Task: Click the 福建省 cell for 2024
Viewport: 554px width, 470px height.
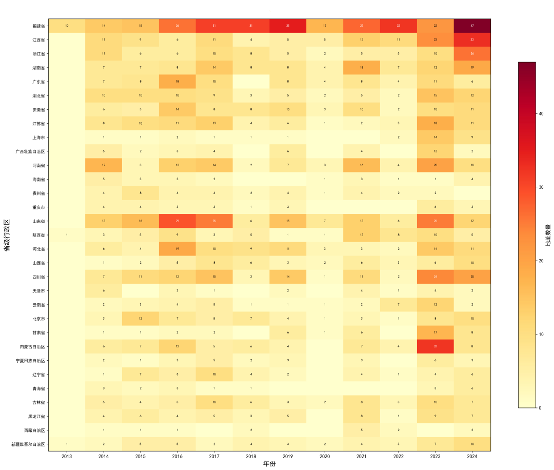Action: [472, 26]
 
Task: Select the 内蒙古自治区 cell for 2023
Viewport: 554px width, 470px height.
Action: [435, 346]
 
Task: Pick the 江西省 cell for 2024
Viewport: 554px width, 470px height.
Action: [472, 40]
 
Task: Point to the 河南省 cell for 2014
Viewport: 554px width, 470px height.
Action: [103, 165]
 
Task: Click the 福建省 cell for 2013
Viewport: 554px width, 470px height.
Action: [67, 26]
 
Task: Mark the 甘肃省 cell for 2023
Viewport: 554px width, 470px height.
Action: [435, 332]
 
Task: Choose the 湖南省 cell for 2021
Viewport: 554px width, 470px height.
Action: [361, 67]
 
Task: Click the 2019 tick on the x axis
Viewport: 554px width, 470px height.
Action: [288, 456]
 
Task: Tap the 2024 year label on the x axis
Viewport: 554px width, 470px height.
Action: [472, 456]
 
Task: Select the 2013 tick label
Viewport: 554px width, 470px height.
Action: [67, 456]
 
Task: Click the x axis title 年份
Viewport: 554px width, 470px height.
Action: [269, 464]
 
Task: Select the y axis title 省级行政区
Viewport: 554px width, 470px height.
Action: [7, 235]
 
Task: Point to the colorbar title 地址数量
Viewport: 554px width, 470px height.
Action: [548, 235]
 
